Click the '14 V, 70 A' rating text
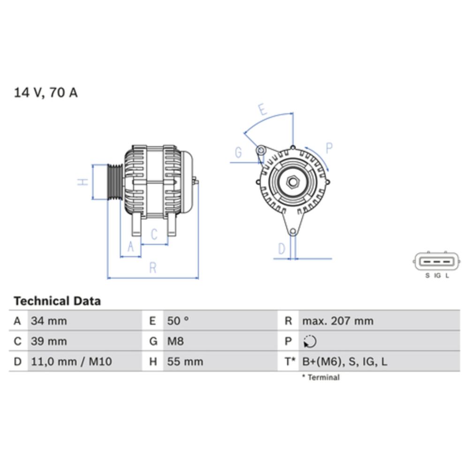click(x=46, y=93)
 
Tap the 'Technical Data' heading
click(x=57, y=301)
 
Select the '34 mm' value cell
click(x=49, y=321)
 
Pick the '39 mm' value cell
click(x=49, y=341)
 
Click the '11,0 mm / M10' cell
click(x=71, y=362)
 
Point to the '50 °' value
click(x=178, y=321)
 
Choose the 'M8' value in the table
click(x=175, y=341)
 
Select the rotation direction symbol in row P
click(x=310, y=342)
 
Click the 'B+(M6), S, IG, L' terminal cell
click(x=345, y=362)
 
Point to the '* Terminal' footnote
click(x=321, y=377)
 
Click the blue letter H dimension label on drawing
click(x=83, y=182)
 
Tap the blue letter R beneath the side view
click(x=152, y=268)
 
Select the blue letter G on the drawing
click(x=238, y=153)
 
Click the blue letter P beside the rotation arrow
click(x=329, y=148)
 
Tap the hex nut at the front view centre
click(x=293, y=182)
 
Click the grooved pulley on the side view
click(x=115, y=182)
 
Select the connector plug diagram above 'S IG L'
click(x=437, y=261)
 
